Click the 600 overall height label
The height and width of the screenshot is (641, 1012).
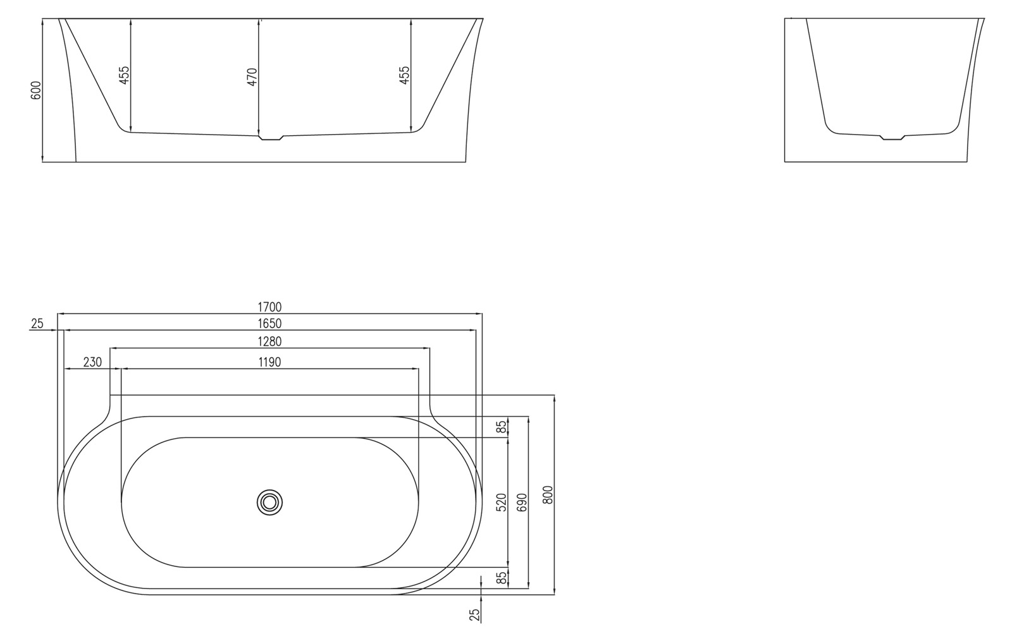click(36, 90)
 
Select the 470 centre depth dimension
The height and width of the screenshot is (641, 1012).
click(252, 76)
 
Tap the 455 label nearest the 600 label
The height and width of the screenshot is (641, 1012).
click(124, 75)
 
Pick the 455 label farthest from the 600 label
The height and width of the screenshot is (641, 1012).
click(405, 75)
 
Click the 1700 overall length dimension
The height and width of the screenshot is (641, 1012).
click(269, 307)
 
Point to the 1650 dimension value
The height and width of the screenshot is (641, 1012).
click(269, 324)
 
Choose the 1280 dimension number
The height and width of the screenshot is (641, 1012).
click(269, 341)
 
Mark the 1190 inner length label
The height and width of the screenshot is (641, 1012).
click(269, 362)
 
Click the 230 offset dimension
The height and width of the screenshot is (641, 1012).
click(92, 362)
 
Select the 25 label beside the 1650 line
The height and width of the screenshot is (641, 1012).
click(37, 324)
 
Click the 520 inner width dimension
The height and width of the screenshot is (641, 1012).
click(502, 503)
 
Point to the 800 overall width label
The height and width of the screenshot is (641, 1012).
click(548, 494)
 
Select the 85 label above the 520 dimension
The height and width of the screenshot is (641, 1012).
click(502, 427)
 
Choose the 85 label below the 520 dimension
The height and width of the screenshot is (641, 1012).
click(502, 578)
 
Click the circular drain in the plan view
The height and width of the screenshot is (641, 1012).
click(270, 503)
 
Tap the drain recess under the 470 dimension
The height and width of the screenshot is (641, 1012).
click(270, 137)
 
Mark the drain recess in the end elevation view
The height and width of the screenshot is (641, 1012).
click(892, 137)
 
